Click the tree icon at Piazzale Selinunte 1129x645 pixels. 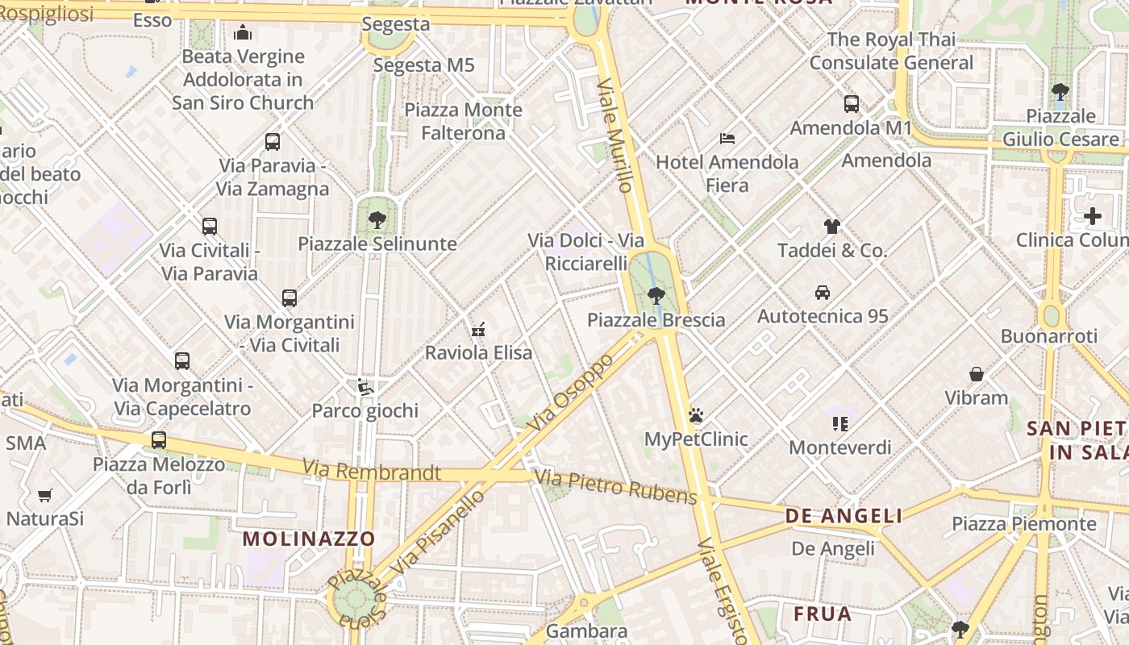(x=377, y=219)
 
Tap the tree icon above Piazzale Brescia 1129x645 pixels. (x=656, y=295)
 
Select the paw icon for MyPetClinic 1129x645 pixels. (x=696, y=415)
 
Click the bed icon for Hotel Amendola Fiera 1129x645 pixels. (x=727, y=139)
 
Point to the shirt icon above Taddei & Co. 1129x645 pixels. (x=831, y=227)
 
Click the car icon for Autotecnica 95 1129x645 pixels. (x=823, y=292)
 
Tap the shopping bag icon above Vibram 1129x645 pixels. (x=977, y=374)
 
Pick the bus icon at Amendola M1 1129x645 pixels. (x=852, y=104)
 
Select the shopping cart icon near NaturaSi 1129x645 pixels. (x=45, y=495)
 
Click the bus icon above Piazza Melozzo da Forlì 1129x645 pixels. (x=159, y=440)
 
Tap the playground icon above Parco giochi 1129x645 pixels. (x=365, y=387)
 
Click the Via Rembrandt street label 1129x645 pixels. (x=372, y=470)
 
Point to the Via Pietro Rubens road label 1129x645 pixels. (x=616, y=487)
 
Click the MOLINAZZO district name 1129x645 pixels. (x=309, y=539)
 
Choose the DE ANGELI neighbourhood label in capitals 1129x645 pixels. (x=844, y=515)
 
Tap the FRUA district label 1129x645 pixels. (x=823, y=614)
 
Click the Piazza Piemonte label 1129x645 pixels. (x=1024, y=524)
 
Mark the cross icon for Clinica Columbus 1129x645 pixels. (x=1093, y=216)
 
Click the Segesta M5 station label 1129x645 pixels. (x=424, y=65)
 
